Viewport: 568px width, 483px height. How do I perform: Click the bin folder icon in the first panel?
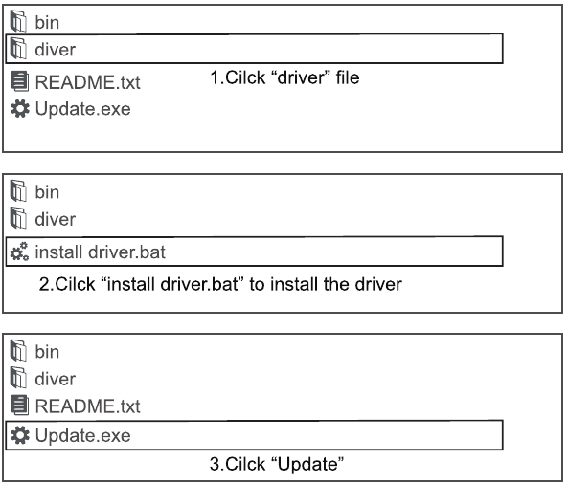pos(18,21)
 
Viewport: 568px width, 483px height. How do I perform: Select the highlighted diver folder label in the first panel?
pos(55,50)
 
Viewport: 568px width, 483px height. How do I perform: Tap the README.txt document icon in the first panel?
pos(19,81)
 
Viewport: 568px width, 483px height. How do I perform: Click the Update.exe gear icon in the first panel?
pos(20,108)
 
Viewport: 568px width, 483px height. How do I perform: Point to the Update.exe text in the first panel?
pos(83,109)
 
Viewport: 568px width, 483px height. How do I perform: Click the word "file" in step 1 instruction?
pos(348,77)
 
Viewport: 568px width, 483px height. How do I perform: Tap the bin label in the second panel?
pos(47,191)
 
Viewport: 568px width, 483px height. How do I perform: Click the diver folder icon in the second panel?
pos(18,218)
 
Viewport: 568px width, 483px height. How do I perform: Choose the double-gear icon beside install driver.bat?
pos(19,252)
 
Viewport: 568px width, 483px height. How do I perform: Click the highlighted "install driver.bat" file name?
pos(100,252)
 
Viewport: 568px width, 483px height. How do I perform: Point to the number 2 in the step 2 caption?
pos(44,284)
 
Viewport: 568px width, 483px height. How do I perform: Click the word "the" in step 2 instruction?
pos(336,284)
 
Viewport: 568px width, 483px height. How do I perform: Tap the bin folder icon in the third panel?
pos(18,350)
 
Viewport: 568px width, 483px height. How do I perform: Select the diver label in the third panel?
pos(55,379)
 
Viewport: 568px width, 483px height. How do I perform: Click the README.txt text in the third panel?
pos(88,406)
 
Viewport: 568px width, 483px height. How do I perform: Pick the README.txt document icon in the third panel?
pos(19,405)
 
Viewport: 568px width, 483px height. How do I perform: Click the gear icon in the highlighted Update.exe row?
pos(20,435)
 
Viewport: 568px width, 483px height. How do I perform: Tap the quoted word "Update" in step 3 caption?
pos(307,464)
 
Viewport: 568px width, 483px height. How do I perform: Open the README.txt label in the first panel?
pos(88,82)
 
